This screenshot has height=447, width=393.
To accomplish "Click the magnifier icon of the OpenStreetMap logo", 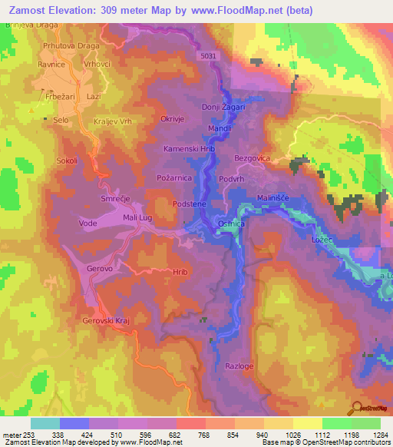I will pos(355,408).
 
